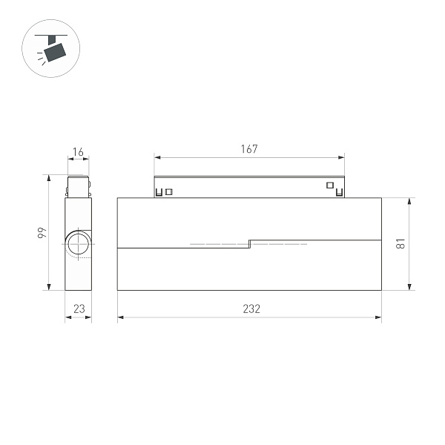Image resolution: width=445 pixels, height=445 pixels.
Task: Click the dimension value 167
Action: coord(249,149)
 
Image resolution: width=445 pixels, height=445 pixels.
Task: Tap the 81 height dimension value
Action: coord(400,243)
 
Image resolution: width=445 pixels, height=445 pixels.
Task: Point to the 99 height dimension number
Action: coord(42,233)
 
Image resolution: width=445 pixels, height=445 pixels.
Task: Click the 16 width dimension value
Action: coord(78,153)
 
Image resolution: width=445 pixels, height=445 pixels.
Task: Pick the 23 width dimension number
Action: coord(78,309)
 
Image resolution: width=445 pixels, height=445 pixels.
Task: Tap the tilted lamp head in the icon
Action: coord(55,51)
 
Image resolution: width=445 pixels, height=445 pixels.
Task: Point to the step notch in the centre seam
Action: coord(249,243)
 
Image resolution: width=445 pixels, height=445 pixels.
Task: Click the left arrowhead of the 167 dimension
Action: coord(156,157)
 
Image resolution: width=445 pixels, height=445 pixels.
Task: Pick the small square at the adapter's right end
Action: coord(329,185)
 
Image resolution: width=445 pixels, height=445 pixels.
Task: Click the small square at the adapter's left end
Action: coord(169,192)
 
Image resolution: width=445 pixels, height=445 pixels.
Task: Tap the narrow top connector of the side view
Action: coord(78,186)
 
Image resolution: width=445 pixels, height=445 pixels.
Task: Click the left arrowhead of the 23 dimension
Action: coord(66,317)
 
